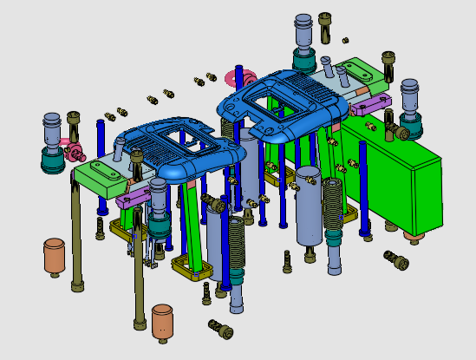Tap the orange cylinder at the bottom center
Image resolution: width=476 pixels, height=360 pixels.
[x=162, y=320]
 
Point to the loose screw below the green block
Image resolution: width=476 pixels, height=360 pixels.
[x=397, y=259]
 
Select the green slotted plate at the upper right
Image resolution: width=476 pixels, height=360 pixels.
[x=360, y=73]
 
